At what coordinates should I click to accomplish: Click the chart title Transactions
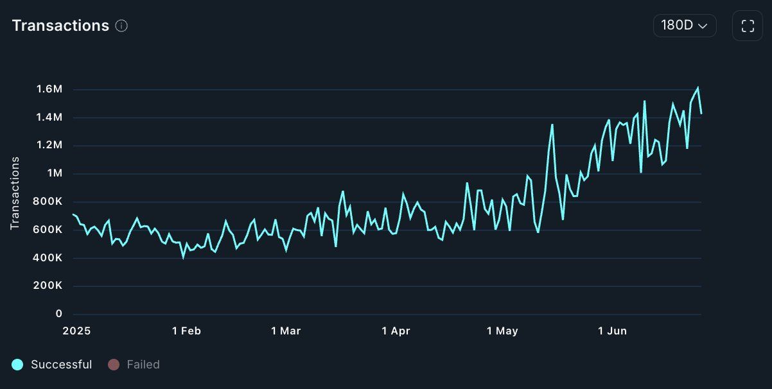point(60,26)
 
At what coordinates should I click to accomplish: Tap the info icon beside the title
point(121,26)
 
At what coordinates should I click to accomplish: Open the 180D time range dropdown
point(684,26)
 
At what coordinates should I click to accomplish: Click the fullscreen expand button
point(747,26)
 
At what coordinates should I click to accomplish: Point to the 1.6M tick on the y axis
point(49,89)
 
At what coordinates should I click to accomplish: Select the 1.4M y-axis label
point(49,117)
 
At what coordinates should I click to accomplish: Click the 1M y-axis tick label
point(53,173)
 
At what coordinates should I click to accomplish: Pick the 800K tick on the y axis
point(48,202)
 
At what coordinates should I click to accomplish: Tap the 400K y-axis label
point(48,257)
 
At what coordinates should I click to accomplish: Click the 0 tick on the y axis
point(59,313)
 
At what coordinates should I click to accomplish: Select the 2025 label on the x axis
point(76,331)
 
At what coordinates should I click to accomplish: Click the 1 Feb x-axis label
point(186,331)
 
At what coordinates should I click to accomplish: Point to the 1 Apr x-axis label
point(396,331)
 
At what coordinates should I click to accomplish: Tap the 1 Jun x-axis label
point(612,331)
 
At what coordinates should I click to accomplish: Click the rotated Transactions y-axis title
point(15,193)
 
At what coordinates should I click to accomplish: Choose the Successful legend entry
point(53,365)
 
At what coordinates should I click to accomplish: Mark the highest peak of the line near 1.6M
point(697,88)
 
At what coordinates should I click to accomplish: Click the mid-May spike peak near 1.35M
point(552,125)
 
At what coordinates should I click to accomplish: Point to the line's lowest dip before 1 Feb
point(183,257)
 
